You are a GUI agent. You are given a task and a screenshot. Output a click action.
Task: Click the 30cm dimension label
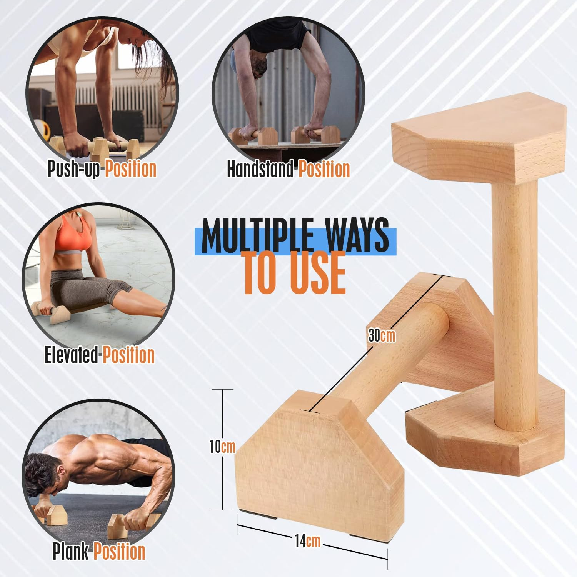click(382, 335)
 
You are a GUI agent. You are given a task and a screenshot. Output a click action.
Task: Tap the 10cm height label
click(222, 447)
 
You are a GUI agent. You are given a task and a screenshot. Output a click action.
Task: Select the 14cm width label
click(307, 541)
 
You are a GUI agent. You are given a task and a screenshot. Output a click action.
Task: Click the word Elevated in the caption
click(71, 355)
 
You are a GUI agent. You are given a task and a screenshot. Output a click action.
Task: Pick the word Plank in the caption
click(70, 551)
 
